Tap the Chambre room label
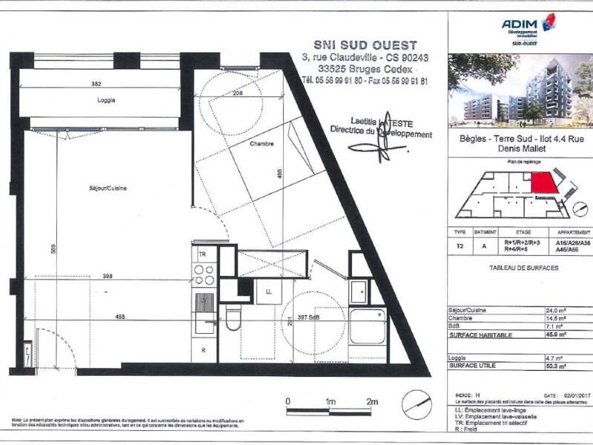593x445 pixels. tap(262, 144)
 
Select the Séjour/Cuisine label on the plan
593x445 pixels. tap(107, 188)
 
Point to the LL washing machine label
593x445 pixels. tap(268, 291)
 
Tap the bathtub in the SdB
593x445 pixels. tap(366, 326)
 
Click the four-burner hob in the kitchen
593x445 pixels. tap(204, 274)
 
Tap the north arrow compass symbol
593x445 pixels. tap(416, 404)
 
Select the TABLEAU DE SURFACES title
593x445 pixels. tap(523, 268)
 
